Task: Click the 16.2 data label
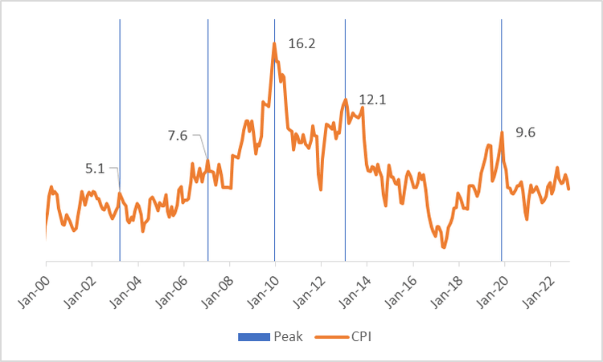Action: click(x=301, y=44)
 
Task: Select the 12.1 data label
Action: click(x=372, y=100)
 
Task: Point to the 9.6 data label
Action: click(x=525, y=133)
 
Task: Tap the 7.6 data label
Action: click(x=177, y=136)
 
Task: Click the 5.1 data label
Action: click(x=95, y=169)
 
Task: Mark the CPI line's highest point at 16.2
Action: click(x=274, y=43)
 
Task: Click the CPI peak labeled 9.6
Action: click(x=502, y=132)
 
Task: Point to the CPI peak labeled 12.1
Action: click(x=345, y=100)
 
